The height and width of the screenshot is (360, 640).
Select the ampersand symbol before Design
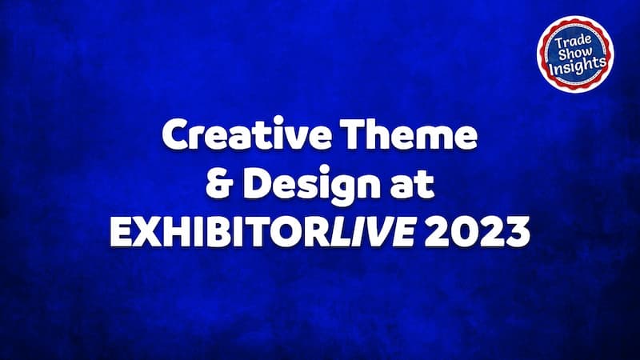[x=218, y=184]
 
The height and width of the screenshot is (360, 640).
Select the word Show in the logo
[x=575, y=53]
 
